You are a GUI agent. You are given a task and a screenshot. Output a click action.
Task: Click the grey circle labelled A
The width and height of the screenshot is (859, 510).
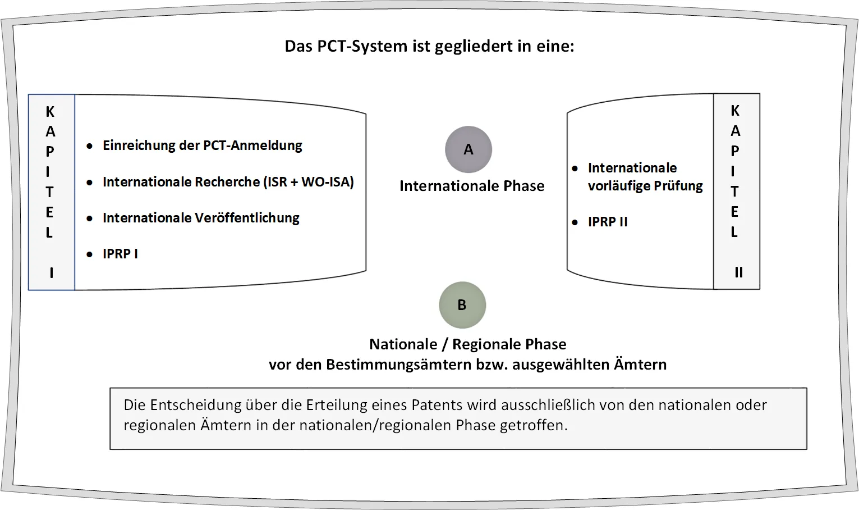(468, 149)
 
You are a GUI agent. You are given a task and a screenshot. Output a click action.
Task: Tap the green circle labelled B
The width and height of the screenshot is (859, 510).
(462, 305)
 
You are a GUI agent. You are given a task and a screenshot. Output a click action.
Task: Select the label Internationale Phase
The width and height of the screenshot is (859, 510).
(472, 186)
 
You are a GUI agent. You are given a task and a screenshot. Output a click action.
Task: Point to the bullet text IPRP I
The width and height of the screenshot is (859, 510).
(120, 254)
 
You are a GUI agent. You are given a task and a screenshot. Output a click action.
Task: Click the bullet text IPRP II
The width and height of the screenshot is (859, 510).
(608, 222)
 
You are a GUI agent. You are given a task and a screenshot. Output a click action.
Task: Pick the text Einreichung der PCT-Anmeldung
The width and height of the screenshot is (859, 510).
(202, 145)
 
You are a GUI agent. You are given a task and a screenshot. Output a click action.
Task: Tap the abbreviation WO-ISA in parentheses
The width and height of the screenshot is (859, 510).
(325, 181)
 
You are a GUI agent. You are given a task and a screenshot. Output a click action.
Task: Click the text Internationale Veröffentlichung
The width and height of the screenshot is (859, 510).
(201, 218)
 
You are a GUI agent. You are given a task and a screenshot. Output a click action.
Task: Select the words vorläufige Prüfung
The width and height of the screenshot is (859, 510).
(645, 186)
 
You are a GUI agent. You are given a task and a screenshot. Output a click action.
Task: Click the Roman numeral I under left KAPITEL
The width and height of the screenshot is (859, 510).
(52, 272)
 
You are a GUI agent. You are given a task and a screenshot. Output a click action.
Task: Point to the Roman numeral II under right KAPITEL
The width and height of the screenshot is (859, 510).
(738, 272)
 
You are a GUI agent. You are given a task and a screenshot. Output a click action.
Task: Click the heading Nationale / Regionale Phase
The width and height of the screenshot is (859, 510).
(467, 344)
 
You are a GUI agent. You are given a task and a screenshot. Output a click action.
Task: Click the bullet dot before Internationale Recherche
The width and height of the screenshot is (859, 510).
(89, 183)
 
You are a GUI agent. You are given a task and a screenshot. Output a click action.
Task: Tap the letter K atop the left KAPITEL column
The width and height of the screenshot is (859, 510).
(50, 112)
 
